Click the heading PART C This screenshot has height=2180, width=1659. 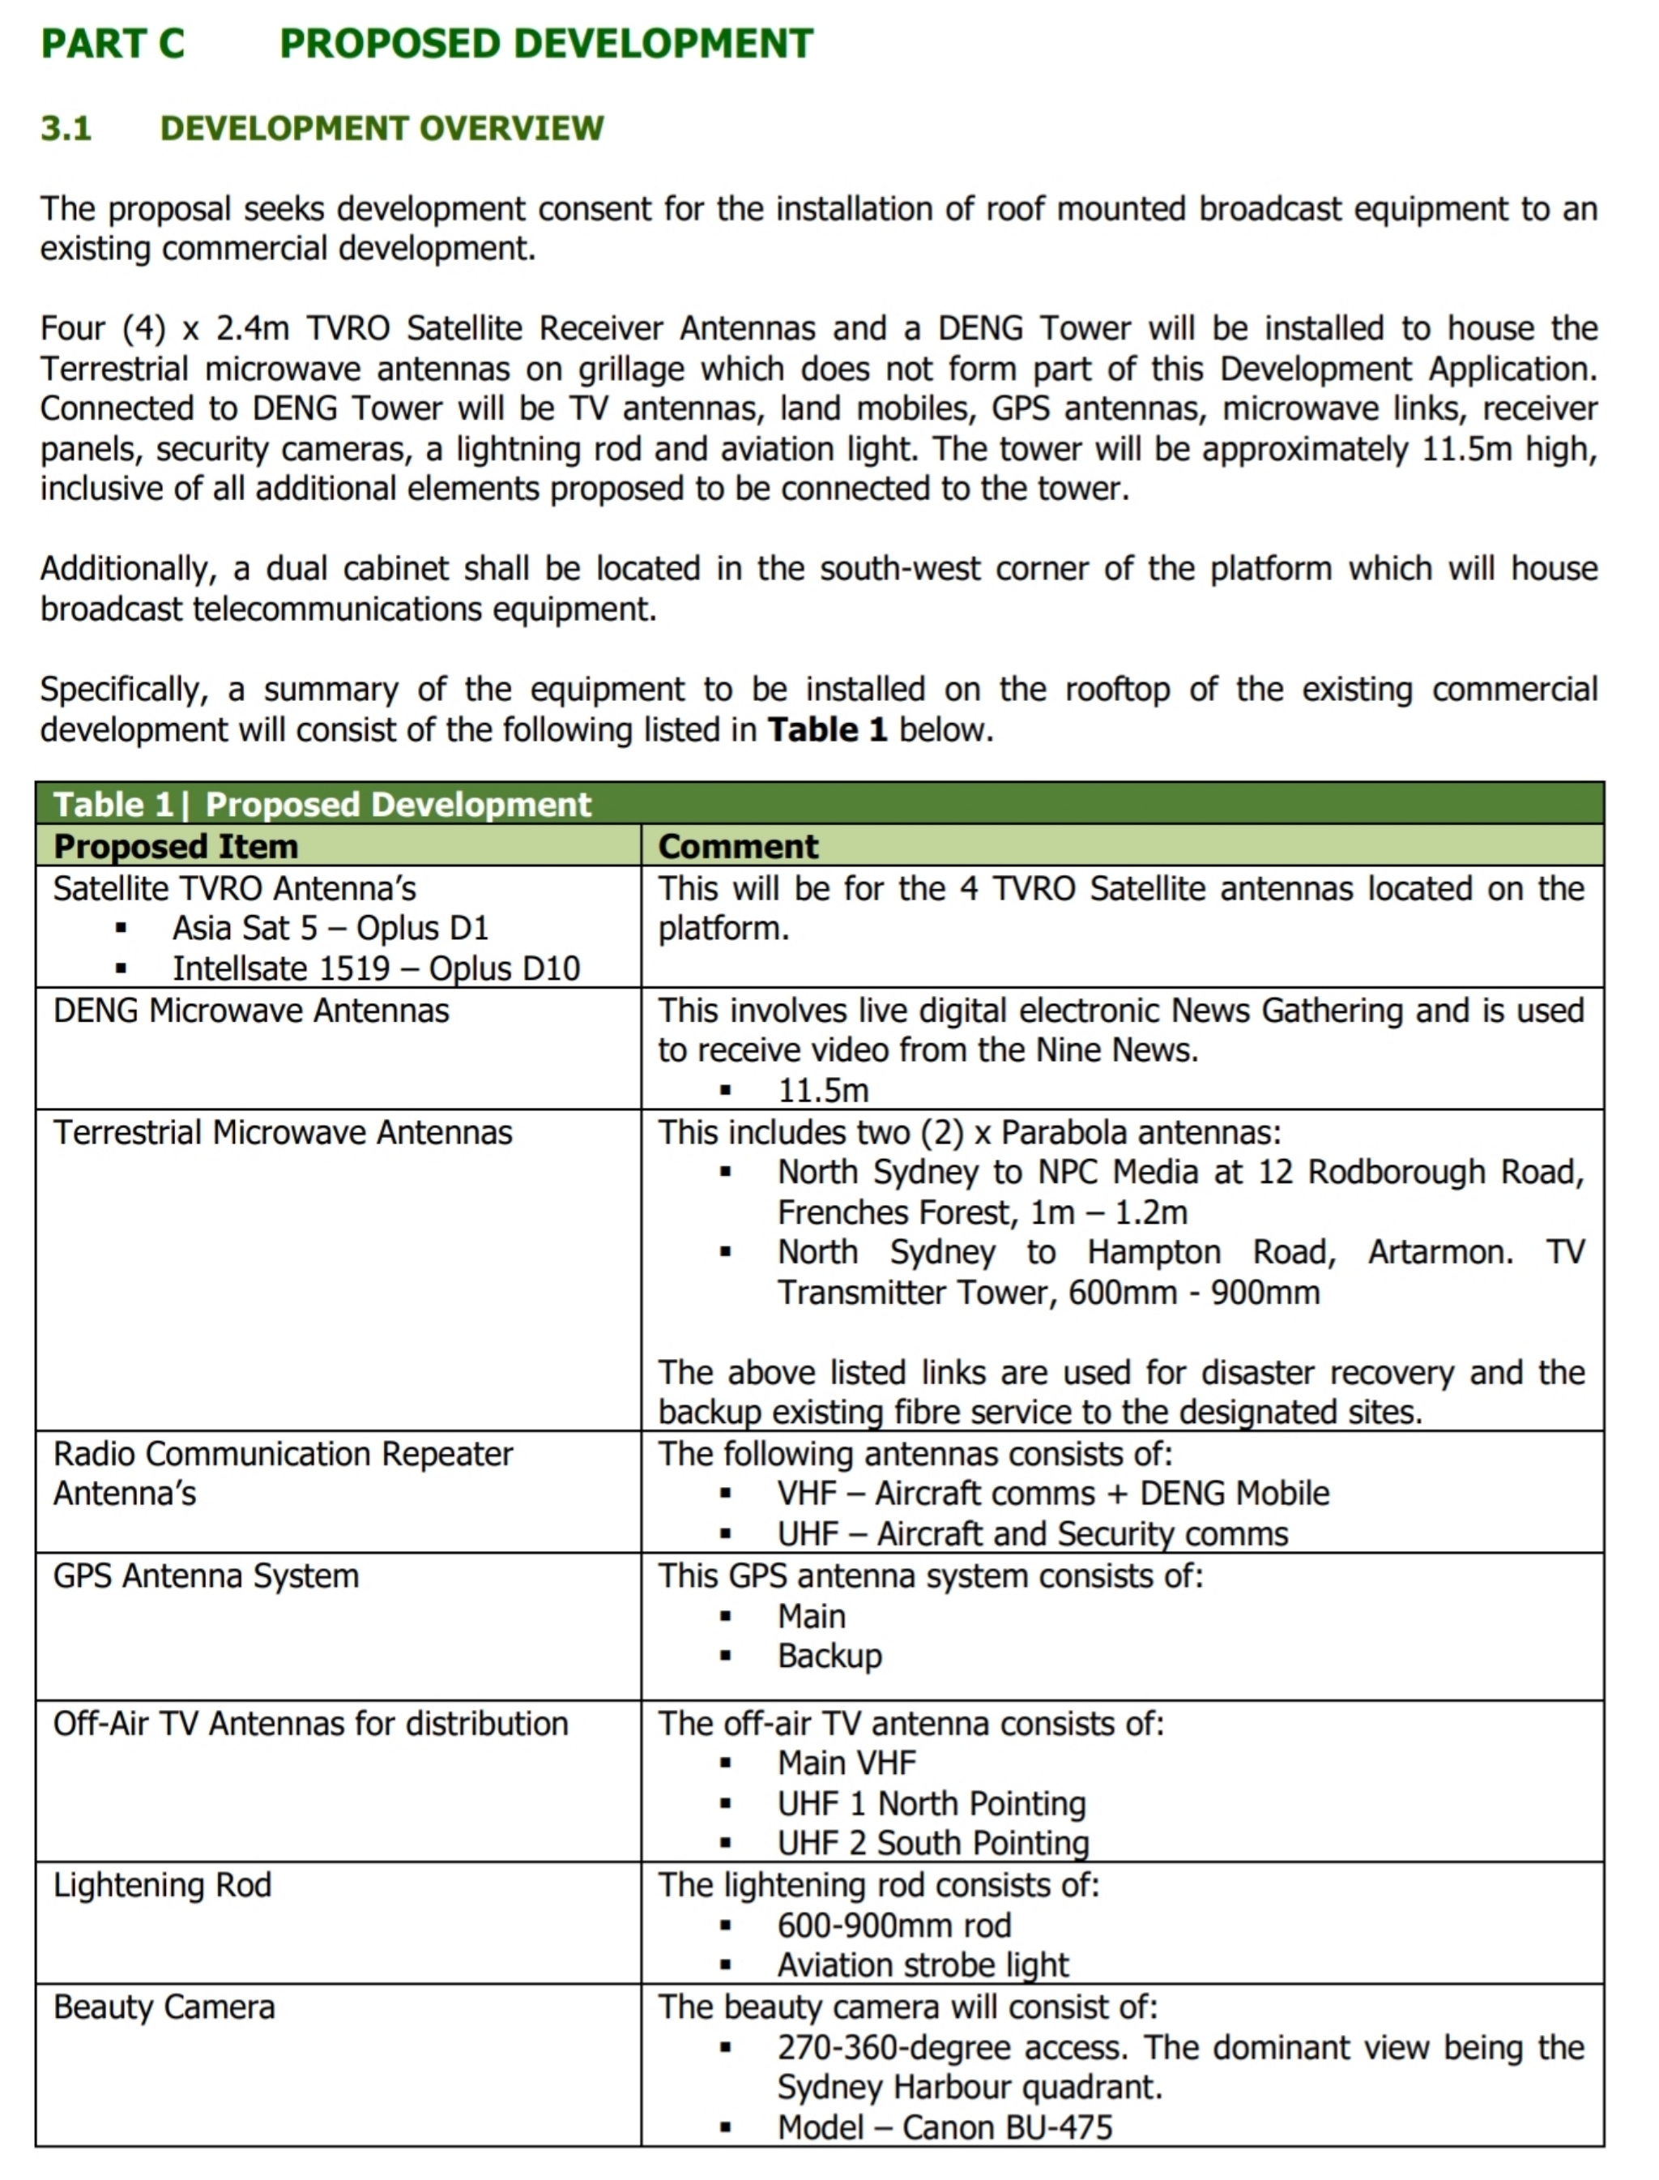pyautogui.click(x=113, y=44)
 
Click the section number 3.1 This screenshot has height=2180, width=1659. pyautogui.click(x=66, y=128)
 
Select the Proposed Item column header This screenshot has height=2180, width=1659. pyautogui.click(x=176, y=847)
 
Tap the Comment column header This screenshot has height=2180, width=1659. pyautogui.click(x=738, y=847)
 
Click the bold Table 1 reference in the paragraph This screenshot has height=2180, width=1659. pyautogui.click(x=828, y=730)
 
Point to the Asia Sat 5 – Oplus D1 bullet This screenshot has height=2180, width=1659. pyautogui.click(x=330, y=929)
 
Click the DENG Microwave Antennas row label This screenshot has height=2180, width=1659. pyautogui.click(x=251, y=1011)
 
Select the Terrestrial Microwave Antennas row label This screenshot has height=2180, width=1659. pyautogui.click(x=283, y=1132)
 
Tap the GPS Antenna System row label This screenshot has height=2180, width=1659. pyautogui.click(x=206, y=1575)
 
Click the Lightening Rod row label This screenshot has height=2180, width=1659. pyautogui.click(x=162, y=1885)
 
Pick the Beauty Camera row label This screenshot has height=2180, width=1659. pyautogui.click(x=164, y=2007)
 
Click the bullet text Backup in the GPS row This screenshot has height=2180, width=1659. pyautogui.click(x=829, y=1656)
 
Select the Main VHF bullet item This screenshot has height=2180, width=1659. pyautogui.click(x=847, y=1763)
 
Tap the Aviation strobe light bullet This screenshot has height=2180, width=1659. pyautogui.click(x=923, y=1966)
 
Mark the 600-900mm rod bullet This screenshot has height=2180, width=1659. pyautogui.click(x=893, y=1926)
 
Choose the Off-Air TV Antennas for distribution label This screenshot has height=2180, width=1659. pyautogui.click(x=310, y=1724)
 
